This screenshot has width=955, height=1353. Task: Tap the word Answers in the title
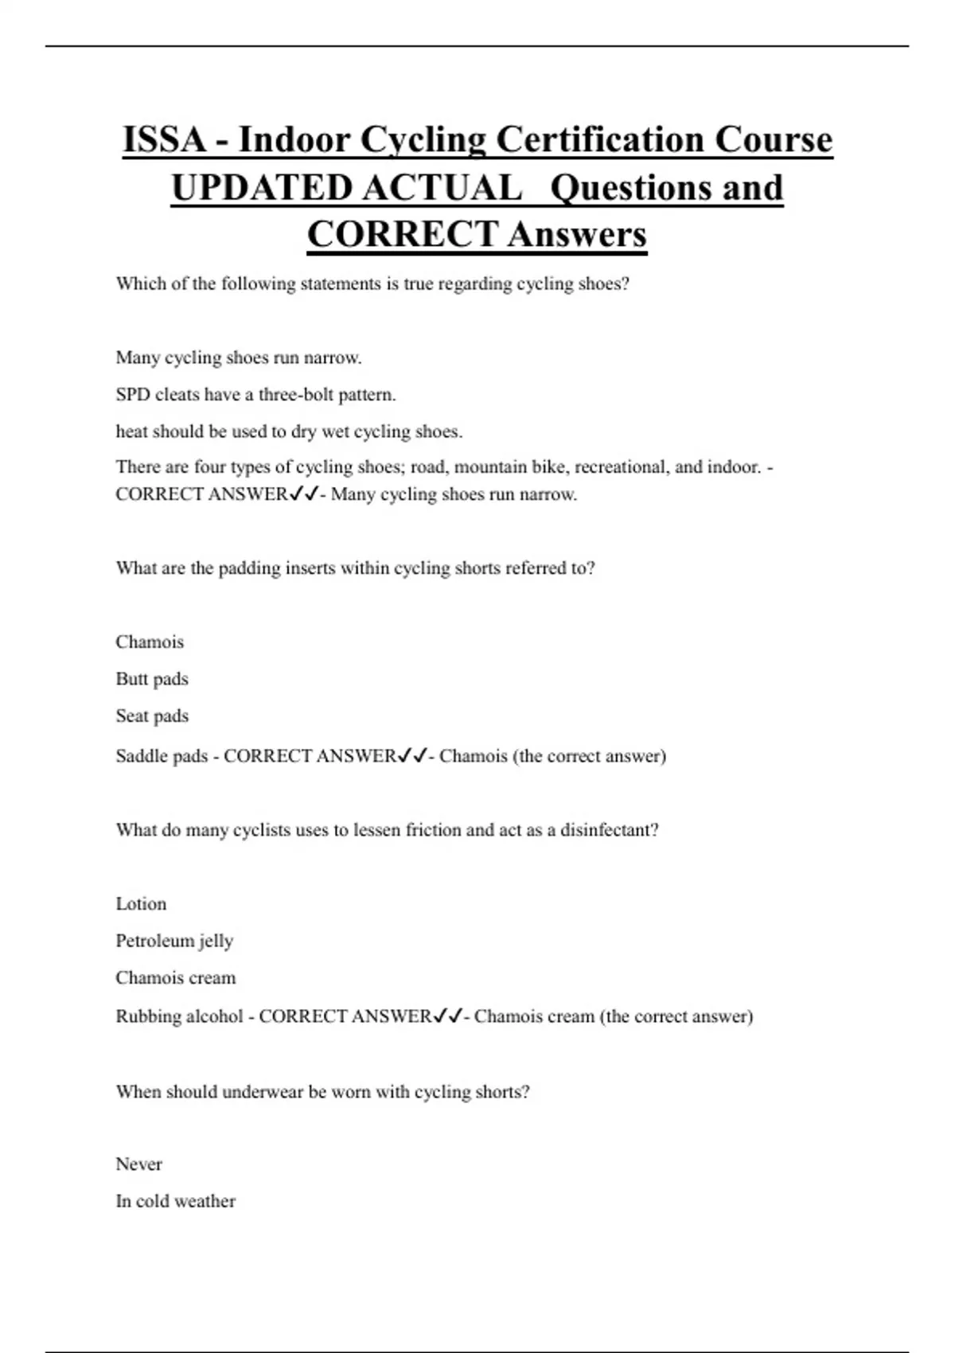(x=577, y=235)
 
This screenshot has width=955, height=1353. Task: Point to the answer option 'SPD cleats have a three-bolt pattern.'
(x=255, y=395)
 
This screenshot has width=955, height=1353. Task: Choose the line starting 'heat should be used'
(x=289, y=431)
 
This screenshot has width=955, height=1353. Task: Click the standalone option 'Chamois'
(x=150, y=642)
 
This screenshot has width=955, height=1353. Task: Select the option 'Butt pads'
(x=152, y=679)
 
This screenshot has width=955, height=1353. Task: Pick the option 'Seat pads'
(x=152, y=715)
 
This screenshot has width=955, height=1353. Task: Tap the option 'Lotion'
(x=141, y=904)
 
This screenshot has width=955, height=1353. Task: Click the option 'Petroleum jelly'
(x=174, y=941)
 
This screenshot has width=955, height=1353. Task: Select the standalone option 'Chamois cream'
(x=176, y=977)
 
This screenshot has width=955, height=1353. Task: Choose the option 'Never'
(x=138, y=1164)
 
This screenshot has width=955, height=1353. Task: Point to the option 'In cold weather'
(x=175, y=1201)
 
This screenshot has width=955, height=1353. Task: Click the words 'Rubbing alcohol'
(x=179, y=1016)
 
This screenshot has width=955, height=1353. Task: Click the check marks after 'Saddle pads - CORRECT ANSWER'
(x=412, y=755)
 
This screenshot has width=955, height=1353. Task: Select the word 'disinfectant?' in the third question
(x=609, y=830)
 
